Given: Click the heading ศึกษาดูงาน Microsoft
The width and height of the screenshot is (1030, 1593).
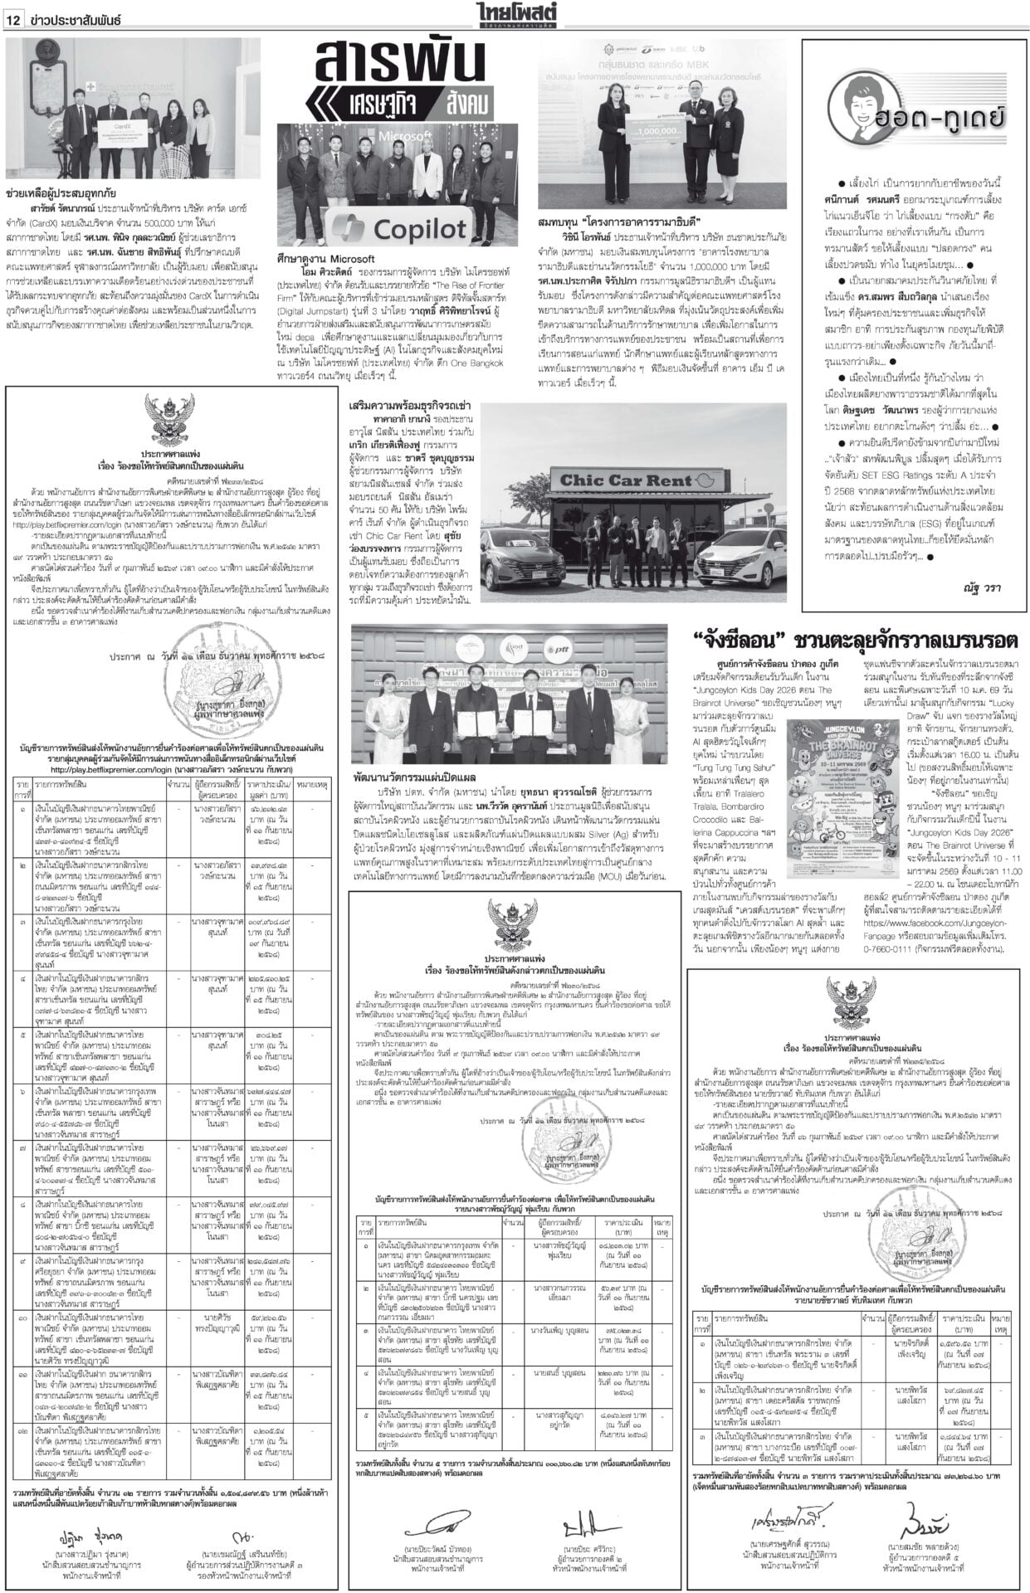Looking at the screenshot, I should click(x=327, y=259).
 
